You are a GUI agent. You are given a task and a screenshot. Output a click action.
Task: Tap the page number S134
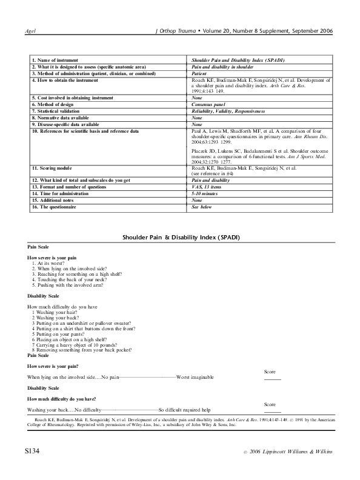(32, 452)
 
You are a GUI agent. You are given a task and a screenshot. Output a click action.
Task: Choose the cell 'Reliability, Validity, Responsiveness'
(228, 111)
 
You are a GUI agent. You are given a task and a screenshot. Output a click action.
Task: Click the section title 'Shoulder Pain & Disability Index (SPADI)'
(179, 237)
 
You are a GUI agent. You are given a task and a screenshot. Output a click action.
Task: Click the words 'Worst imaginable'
(195, 377)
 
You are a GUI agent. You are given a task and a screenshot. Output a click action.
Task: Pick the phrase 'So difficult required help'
(184, 410)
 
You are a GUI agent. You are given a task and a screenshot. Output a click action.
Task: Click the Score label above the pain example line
(271, 371)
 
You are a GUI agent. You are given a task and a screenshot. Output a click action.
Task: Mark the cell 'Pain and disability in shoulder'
(222, 67)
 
